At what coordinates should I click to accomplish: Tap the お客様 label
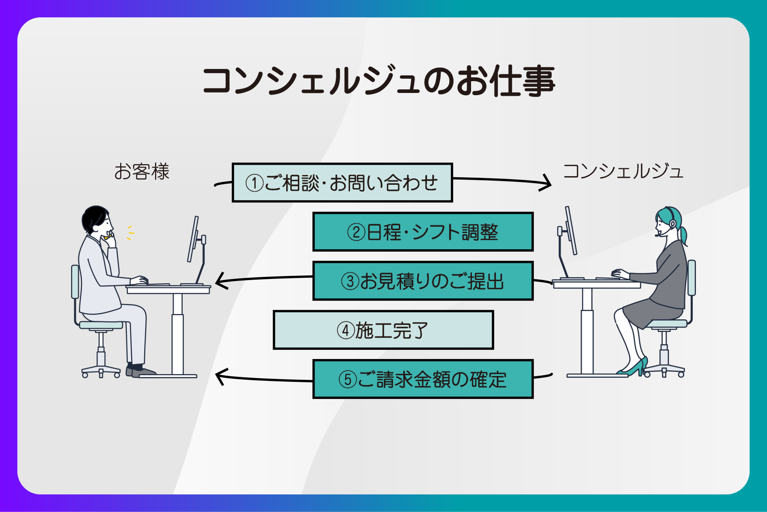click(x=142, y=172)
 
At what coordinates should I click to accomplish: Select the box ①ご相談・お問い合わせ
click(x=342, y=183)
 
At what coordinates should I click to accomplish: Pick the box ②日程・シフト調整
click(x=423, y=232)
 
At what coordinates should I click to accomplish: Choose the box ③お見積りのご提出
click(x=423, y=281)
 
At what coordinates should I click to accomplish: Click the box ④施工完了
click(x=383, y=330)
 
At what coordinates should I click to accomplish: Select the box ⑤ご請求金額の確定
click(x=423, y=379)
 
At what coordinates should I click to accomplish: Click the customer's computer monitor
click(x=193, y=239)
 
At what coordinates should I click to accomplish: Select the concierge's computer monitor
click(x=572, y=231)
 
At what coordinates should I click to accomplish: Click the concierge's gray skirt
click(x=652, y=311)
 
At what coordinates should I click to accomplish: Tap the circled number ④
click(x=345, y=331)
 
